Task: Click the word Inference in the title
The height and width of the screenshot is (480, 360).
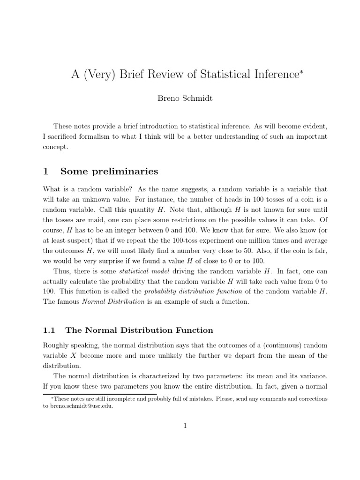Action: pyautogui.click(x=268, y=75)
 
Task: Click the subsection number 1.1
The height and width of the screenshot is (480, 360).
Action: pyautogui.click(x=49, y=330)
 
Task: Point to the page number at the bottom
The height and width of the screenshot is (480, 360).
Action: pyautogui.click(x=185, y=426)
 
